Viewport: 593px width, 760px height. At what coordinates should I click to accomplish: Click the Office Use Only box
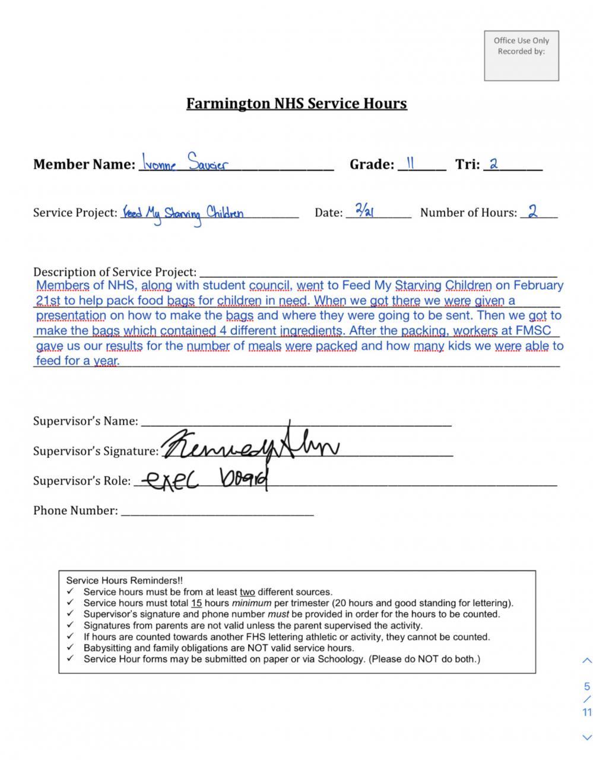521,56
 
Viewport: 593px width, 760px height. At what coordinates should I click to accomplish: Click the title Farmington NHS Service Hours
296,104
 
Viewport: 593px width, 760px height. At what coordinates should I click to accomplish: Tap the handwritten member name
184,163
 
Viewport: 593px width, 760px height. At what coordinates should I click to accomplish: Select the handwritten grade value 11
410,163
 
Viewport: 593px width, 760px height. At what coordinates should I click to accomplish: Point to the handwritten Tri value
493,164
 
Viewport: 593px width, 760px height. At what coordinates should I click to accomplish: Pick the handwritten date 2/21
364,210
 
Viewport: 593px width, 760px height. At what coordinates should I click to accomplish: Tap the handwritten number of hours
532,211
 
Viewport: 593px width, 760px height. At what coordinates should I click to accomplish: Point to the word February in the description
538,286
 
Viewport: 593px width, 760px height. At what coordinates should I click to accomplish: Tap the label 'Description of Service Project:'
115,273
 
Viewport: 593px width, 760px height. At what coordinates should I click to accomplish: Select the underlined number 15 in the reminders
196,603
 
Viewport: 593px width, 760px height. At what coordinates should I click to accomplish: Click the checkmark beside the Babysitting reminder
71,648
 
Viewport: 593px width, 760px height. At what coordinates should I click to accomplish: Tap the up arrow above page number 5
586,660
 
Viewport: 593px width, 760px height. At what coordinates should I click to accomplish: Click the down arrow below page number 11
586,737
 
